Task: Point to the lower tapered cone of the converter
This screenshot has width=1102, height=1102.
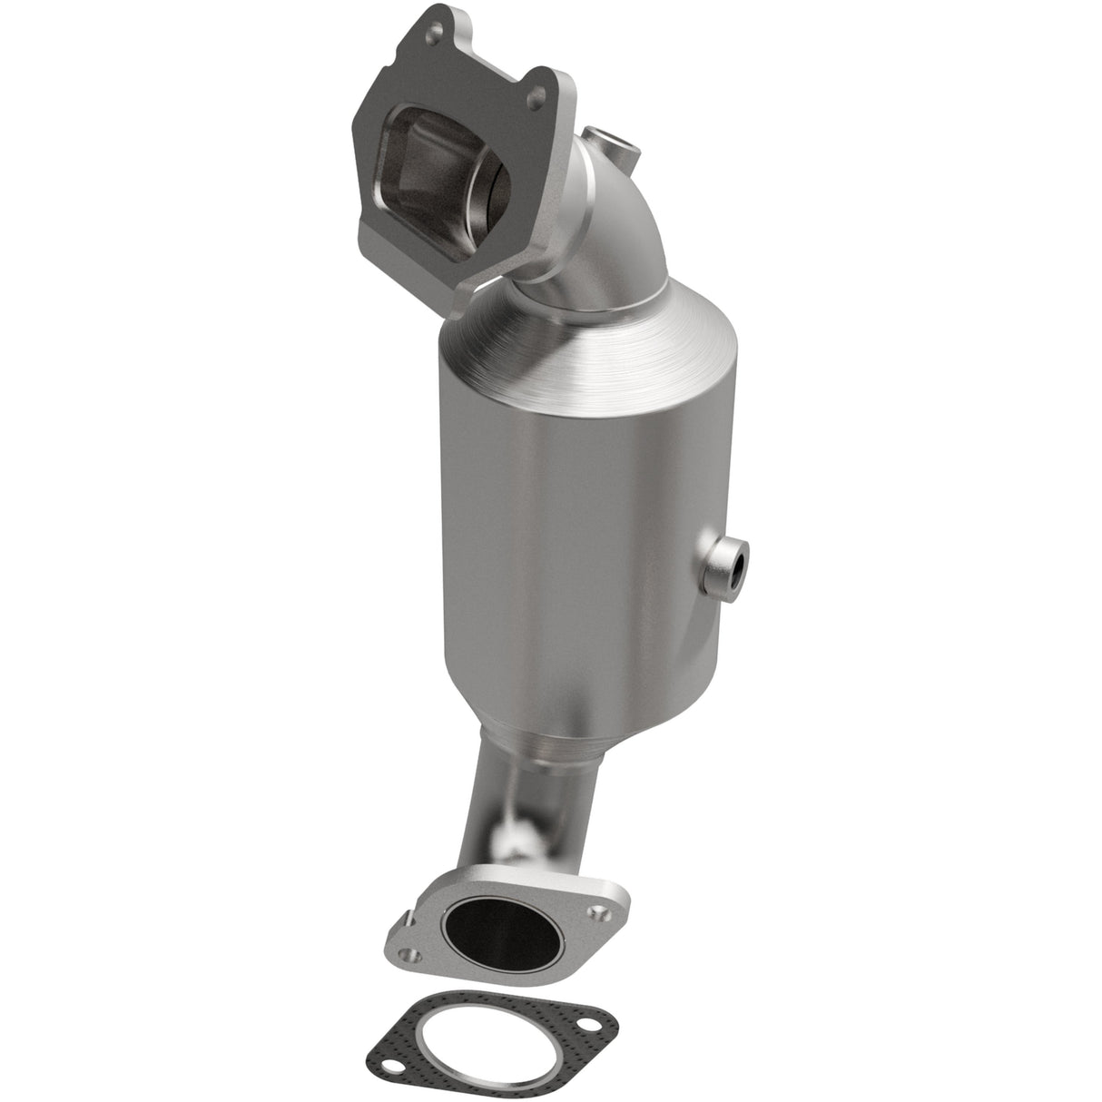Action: coord(545,726)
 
